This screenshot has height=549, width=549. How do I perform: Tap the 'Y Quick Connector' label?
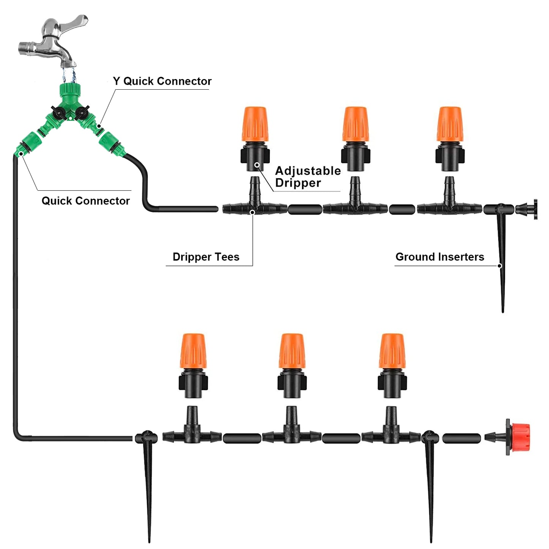[162, 81]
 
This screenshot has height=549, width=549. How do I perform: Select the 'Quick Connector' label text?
[85, 201]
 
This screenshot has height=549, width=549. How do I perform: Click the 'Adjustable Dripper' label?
[308, 177]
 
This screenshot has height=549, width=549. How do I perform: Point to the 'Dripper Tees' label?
[206, 257]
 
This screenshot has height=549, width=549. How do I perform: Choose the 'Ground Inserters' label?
[440, 257]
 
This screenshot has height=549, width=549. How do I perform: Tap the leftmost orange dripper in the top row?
[255, 125]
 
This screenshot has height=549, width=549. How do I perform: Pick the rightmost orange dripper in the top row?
[449, 125]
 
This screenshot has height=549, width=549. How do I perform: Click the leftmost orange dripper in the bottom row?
[193, 351]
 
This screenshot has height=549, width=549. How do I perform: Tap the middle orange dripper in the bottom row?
[292, 351]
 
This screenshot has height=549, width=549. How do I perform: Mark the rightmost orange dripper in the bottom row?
[392, 351]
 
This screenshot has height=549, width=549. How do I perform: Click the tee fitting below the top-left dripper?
[255, 205]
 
